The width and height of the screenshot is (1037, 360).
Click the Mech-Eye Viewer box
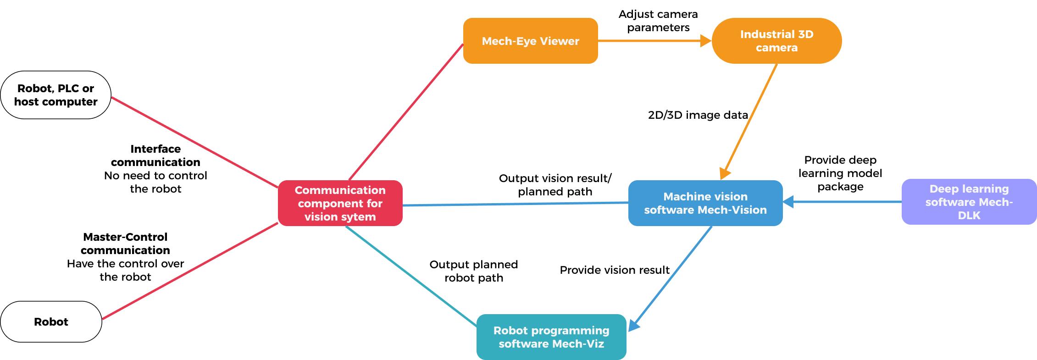pyautogui.click(x=530, y=41)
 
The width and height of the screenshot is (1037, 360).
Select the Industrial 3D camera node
pyautogui.click(x=776, y=41)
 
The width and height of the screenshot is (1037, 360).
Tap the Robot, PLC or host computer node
pyautogui.click(x=55, y=95)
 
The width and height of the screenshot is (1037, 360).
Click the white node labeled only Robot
pyautogui.click(x=51, y=321)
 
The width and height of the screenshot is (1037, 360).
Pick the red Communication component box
pyautogui.click(x=340, y=203)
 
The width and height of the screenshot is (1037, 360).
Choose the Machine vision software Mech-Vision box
pyautogui.click(x=705, y=203)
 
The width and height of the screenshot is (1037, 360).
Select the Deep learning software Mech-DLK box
pyautogui.click(x=969, y=202)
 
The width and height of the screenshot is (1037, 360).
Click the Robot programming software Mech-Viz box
pyautogui.click(x=551, y=337)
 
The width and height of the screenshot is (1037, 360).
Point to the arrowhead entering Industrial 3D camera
pyautogui.click(x=705, y=41)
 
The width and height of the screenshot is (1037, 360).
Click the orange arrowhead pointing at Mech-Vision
pyautogui.click(x=725, y=173)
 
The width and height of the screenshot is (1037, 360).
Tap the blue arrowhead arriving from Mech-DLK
pyautogui.click(x=788, y=202)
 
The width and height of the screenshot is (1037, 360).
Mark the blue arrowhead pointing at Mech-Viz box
pyautogui.click(x=633, y=325)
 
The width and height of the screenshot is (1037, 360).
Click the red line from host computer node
pyautogui.click(x=195, y=142)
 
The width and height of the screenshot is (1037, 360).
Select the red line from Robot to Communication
pyautogui.click(x=190, y=271)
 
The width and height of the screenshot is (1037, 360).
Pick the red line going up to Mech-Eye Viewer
pyautogui.click(x=406, y=112)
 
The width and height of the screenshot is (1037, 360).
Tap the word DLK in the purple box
pyautogui.click(x=969, y=215)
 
